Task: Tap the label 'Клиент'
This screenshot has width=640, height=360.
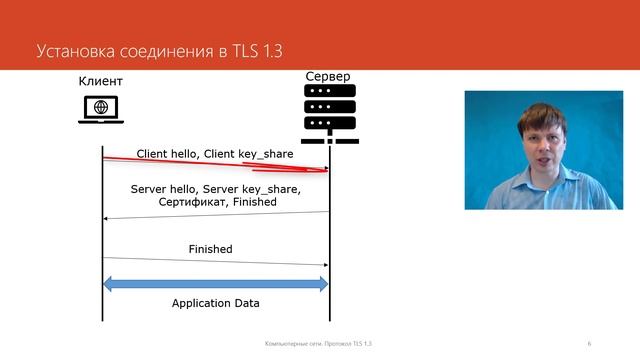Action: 101,81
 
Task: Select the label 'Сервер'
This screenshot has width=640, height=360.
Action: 329,77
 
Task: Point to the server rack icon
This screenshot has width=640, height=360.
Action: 329,113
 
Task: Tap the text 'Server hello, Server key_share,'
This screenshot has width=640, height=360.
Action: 215,188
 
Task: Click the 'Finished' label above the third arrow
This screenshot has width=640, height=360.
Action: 210,249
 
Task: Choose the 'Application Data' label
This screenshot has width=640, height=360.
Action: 215,303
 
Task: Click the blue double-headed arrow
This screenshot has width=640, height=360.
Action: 215,284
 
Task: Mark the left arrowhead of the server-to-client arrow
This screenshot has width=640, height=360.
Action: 107,218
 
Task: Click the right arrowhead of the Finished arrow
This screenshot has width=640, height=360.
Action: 324,265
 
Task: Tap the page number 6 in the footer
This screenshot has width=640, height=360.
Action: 590,343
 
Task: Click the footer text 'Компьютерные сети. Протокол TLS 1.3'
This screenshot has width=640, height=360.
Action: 318,343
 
